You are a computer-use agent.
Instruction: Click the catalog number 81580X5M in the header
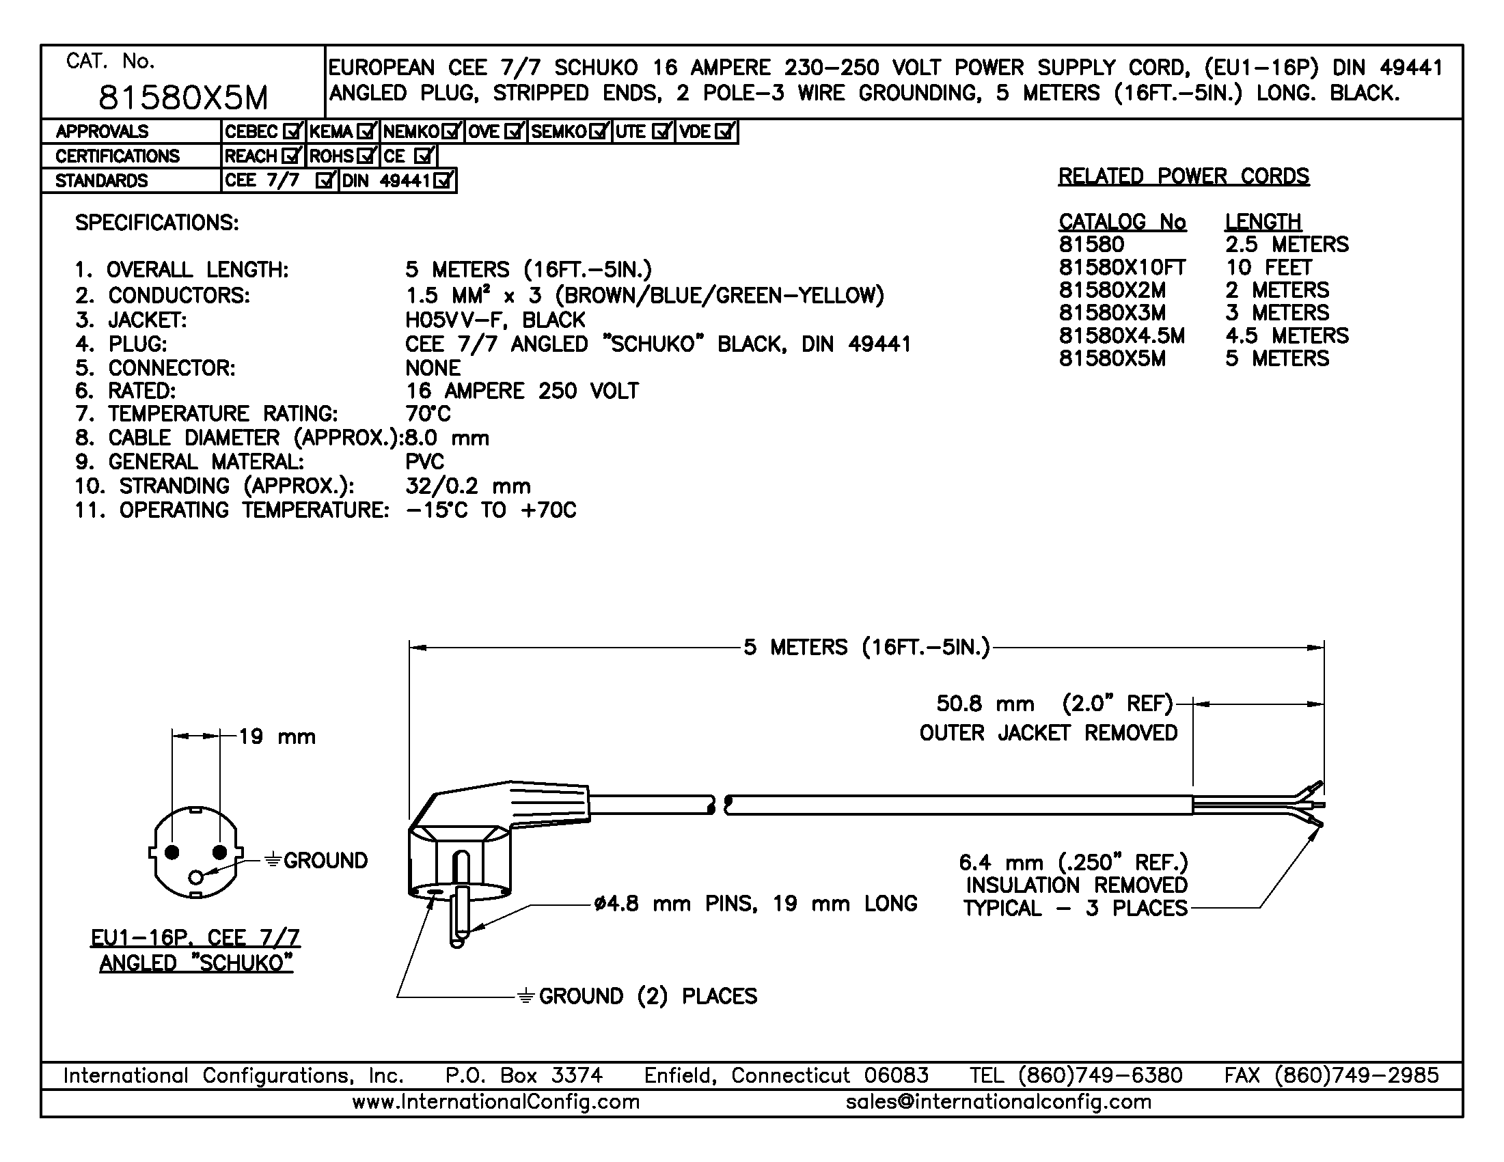183,98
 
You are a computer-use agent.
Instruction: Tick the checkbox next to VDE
725,131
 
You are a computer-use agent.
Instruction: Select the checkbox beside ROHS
366,156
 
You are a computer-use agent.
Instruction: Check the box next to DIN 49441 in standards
444,181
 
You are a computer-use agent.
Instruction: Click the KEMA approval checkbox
366,131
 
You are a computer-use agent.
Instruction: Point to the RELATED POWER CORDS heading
1183,176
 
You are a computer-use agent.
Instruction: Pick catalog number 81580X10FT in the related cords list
1122,267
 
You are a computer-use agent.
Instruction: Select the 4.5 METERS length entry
1287,335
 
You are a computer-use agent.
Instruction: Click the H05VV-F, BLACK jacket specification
495,320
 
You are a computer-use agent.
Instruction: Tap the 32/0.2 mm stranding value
467,486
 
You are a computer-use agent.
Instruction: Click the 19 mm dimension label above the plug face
277,736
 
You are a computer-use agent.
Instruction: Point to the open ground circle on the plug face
196,876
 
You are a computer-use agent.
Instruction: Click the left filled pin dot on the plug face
172,853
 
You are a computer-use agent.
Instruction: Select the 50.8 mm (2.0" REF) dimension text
1054,704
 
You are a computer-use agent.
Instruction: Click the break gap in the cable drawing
720,805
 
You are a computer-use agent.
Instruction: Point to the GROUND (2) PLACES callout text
647,996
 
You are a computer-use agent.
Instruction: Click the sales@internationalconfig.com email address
998,1101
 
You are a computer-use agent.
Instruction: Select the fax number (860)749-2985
1355,1075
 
